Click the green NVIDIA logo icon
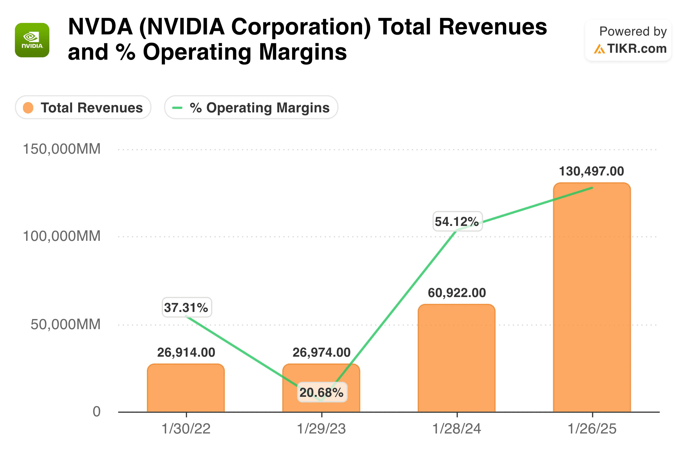(32, 40)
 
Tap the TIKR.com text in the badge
(637, 49)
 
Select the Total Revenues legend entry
(83, 108)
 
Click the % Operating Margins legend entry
(251, 108)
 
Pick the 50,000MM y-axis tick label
(65, 324)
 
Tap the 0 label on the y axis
(96, 411)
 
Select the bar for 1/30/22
(186, 390)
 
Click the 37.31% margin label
(187, 307)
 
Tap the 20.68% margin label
(322, 392)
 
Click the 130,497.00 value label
(591, 171)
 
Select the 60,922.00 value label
(457, 293)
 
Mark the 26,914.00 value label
(186, 353)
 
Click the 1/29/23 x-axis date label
(321, 429)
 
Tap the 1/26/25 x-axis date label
(592, 429)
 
